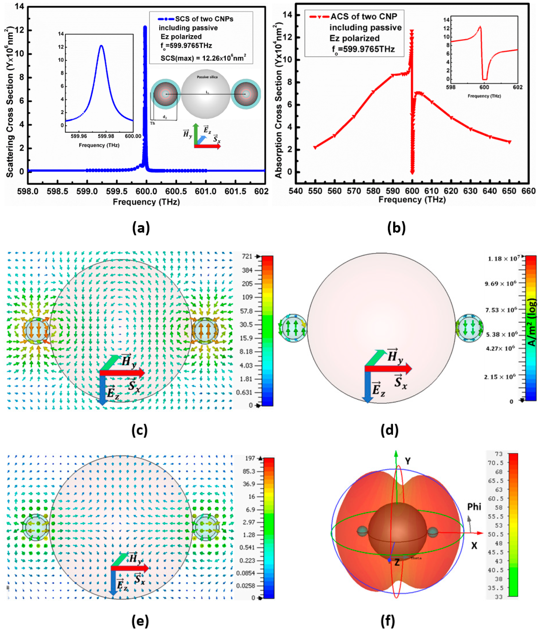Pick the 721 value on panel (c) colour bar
coord(247,256)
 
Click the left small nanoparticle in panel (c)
coord(36,330)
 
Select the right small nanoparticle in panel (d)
coord(469,328)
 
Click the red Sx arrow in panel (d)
coord(388,369)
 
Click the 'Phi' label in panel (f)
coord(474,507)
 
